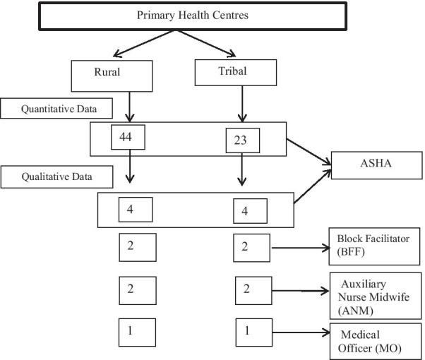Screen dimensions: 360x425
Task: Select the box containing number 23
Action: (242, 140)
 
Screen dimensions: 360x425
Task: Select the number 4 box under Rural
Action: (138, 209)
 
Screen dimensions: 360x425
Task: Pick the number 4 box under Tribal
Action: (251, 210)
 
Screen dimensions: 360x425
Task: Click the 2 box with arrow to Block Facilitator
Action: (252, 247)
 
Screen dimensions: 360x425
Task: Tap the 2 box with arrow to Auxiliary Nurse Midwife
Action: (252, 289)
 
